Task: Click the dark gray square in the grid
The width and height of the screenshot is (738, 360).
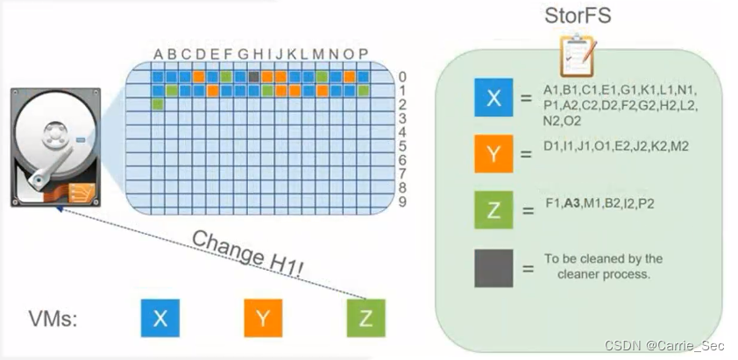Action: (253, 76)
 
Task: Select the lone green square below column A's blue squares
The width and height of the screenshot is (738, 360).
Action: (158, 104)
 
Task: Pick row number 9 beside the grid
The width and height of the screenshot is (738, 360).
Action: (401, 201)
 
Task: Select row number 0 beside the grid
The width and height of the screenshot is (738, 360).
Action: (401, 76)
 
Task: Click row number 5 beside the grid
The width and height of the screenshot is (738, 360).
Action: (401, 145)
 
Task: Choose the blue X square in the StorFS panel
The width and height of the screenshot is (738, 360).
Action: (493, 98)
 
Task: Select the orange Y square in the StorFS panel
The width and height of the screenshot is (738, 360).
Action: (493, 154)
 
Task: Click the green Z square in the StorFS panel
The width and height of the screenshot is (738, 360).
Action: (493, 211)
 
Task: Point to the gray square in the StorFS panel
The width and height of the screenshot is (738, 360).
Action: (493, 267)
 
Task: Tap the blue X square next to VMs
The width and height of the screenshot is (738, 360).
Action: (160, 318)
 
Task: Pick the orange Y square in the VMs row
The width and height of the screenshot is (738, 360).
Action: (262, 318)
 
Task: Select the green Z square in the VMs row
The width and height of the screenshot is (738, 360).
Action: (365, 318)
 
